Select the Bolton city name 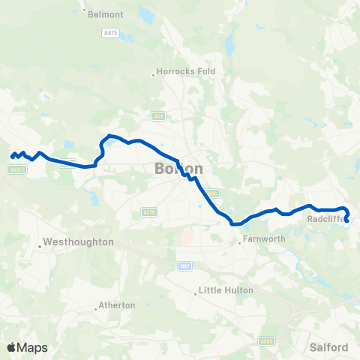pos(178,168)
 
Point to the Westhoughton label pos(78,242)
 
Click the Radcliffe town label pos(325,220)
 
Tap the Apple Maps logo pos(27,347)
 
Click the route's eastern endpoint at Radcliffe pos(347,220)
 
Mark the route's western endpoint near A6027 pos(12,156)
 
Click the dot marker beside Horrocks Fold pos(153,73)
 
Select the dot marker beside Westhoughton pos(39,243)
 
